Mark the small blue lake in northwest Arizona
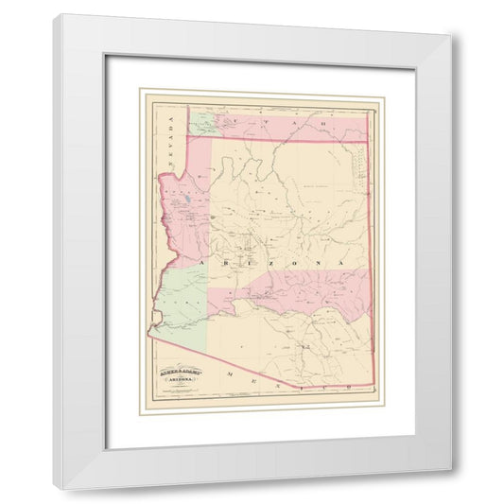(x=190, y=201)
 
